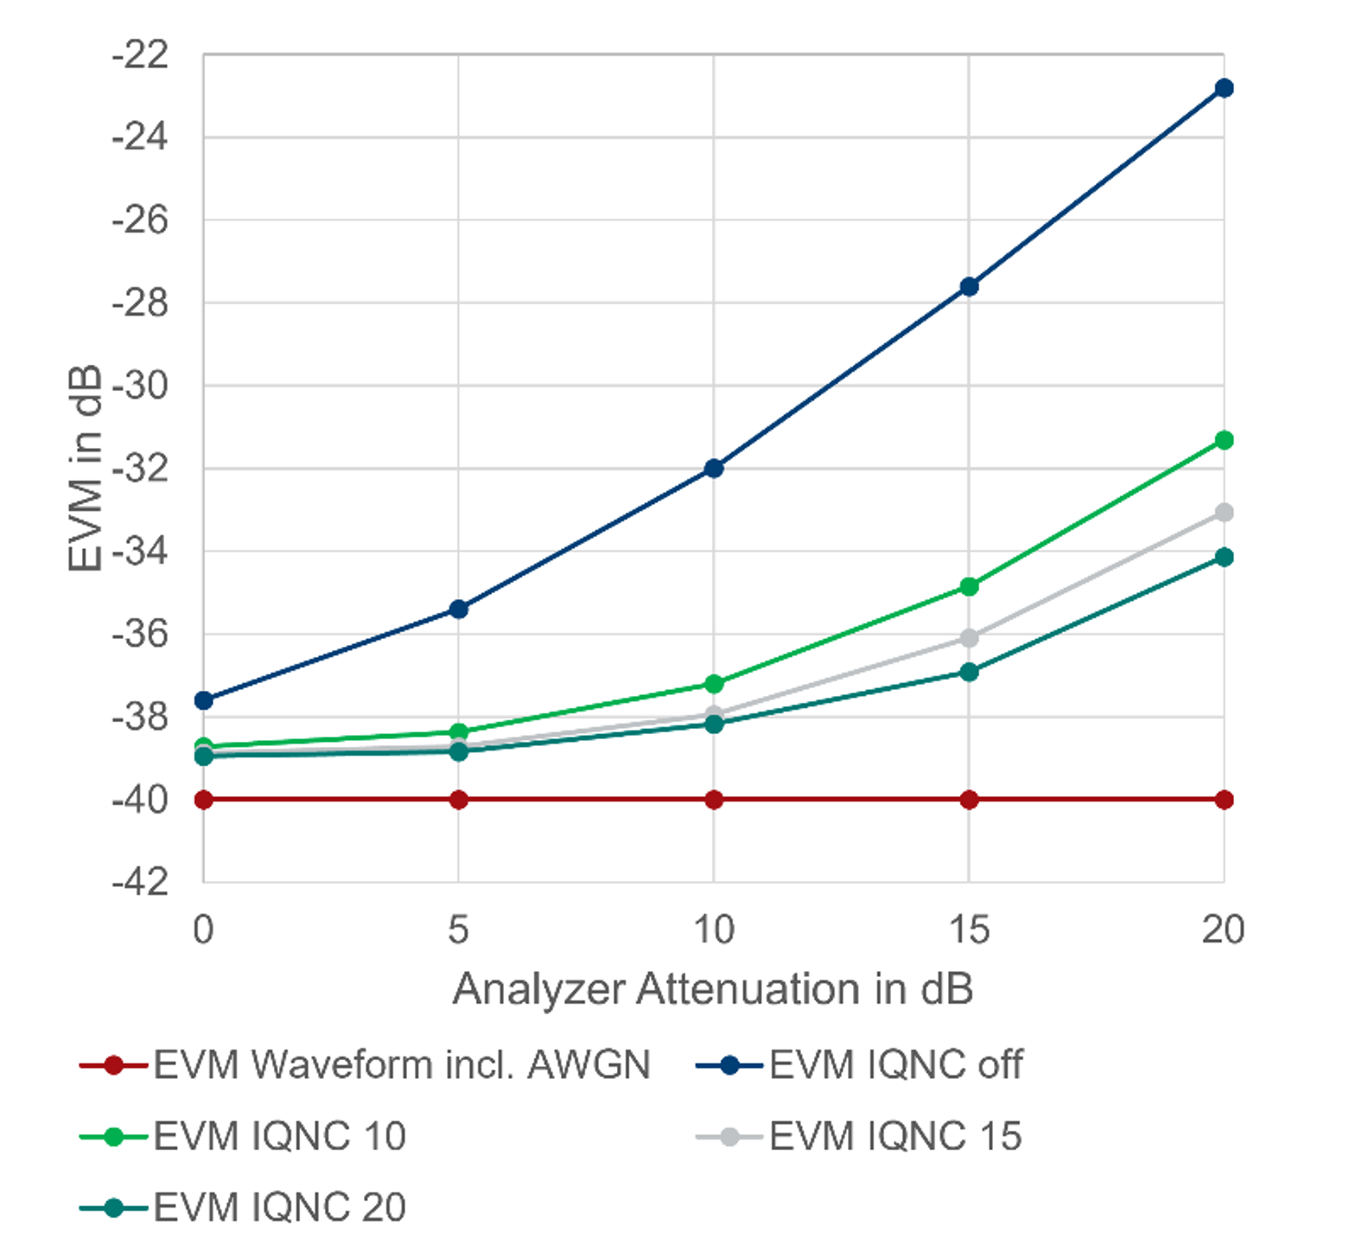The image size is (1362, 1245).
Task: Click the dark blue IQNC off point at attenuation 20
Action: pos(1224,88)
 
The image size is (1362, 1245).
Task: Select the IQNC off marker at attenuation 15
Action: pos(969,286)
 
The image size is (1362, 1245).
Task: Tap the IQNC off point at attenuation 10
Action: pos(714,469)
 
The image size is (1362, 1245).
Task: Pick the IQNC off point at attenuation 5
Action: pos(459,610)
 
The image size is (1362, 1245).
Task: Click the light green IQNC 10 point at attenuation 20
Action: pos(1224,441)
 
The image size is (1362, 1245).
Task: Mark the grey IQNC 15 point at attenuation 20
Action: pos(1224,513)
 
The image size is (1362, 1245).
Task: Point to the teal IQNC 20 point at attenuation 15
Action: pos(969,672)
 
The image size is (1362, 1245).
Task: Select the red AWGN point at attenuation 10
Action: pos(714,800)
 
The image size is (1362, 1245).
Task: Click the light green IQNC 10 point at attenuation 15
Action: pos(969,587)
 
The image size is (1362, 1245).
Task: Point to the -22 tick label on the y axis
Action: pos(140,55)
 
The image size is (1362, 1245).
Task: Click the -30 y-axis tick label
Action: pos(140,386)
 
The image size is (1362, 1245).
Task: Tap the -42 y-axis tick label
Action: pos(140,883)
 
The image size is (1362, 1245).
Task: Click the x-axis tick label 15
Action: pos(969,930)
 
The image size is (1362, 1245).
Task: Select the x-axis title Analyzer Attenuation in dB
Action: pos(713,989)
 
